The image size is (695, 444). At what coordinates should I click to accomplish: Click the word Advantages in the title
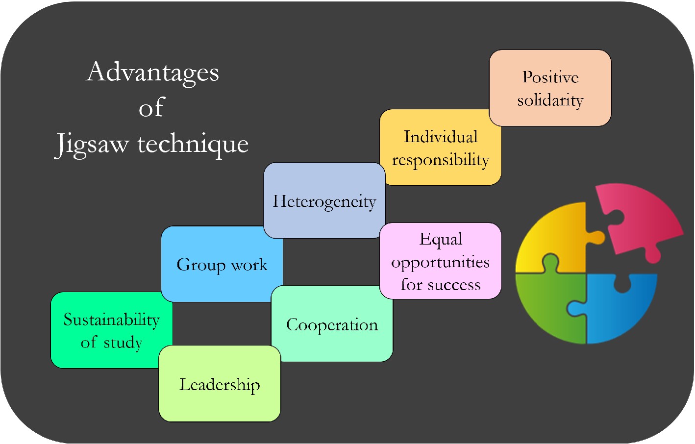click(x=152, y=73)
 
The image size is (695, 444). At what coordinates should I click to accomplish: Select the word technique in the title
click(x=193, y=144)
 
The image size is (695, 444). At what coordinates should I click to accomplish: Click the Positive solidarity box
click(x=550, y=88)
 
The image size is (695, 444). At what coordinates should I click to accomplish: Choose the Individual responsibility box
click(x=440, y=148)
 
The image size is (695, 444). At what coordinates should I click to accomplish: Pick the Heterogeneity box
click(x=324, y=200)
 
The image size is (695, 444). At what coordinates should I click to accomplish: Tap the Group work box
click(x=222, y=264)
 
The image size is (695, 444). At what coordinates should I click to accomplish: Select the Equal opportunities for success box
click(x=440, y=261)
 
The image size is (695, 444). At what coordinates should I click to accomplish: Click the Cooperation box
click(x=332, y=324)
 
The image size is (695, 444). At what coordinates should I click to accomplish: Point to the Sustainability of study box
click(x=111, y=330)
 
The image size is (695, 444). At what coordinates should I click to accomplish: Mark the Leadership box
click(x=219, y=384)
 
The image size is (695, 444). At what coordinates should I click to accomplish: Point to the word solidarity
click(x=550, y=100)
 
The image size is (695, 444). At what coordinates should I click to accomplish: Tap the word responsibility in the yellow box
click(x=440, y=160)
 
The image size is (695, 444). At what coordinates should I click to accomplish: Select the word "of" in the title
click(x=151, y=108)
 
